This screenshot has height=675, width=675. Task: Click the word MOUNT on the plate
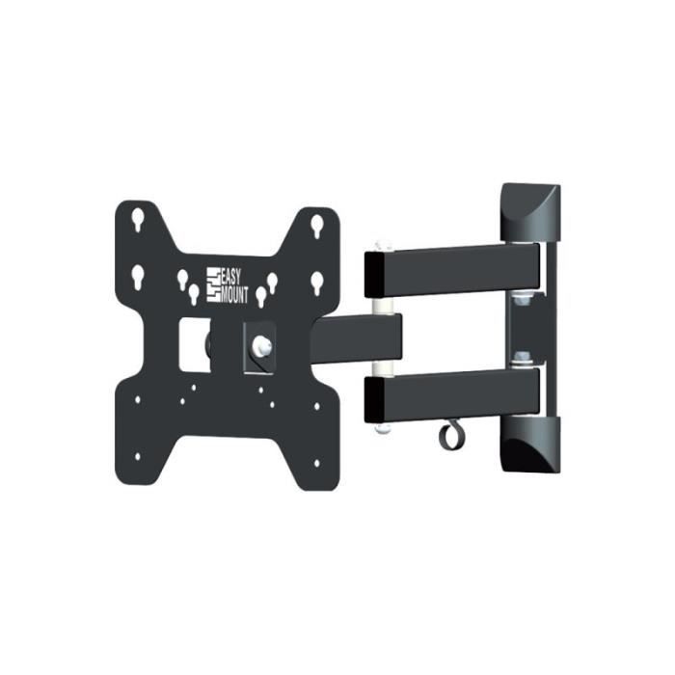[x=234, y=294]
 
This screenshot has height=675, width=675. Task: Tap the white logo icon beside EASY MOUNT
[x=213, y=284]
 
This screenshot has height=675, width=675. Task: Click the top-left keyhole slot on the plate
[x=138, y=219]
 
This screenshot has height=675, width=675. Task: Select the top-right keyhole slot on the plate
[x=317, y=226]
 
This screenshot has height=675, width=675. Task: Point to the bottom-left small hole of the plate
[x=138, y=457]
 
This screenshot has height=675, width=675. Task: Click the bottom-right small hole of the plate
[x=317, y=463]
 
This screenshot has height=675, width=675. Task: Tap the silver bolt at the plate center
[x=261, y=345]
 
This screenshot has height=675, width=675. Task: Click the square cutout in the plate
[x=195, y=344]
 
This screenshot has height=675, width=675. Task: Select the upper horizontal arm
[x=452, y=271]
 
